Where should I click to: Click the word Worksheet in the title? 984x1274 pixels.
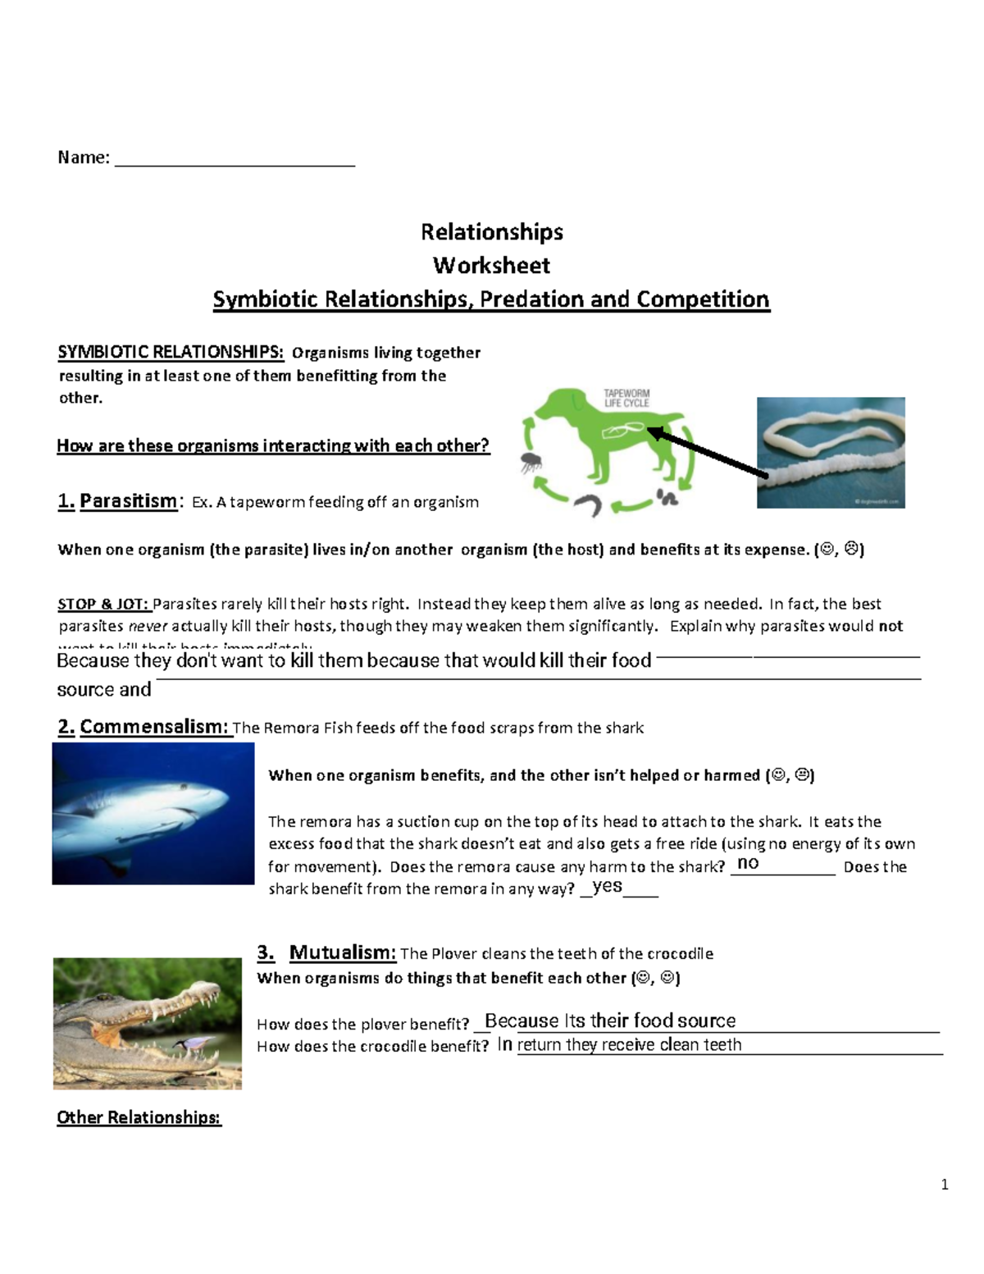[x=491, y=266]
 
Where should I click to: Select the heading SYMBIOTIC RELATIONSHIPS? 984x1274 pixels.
[x=171, y=353]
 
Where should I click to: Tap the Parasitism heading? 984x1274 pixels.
[x=128, y=501]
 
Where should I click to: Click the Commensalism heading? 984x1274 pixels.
[x=155, y=727]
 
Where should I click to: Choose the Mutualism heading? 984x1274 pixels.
[x=342, y=952]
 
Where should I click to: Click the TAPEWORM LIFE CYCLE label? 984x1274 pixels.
[x=626, y=398]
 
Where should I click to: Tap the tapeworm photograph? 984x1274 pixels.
[x=830, y=453]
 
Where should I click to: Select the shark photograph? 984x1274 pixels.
[x=153, y=813]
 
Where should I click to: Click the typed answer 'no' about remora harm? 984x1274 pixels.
[x=748, y=863]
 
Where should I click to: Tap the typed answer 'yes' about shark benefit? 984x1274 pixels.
[x=607, y=886]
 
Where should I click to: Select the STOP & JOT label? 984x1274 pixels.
[x=103, y=605]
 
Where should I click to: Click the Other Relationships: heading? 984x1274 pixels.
[x=139, y=1117]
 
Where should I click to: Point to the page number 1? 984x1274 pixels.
[x=945, y=1185]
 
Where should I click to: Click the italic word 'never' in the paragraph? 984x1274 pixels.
[x=148, y=627]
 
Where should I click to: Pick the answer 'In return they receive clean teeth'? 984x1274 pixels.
[x=620, y=1044]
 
